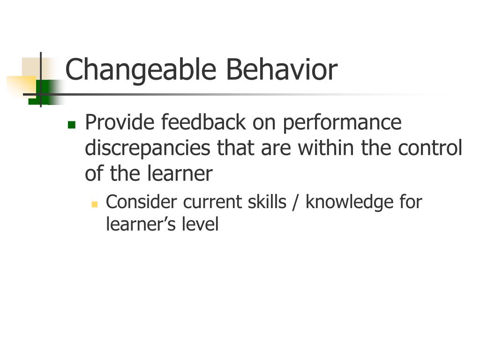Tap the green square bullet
71,125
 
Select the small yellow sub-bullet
94,204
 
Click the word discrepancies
147,149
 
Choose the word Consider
142,202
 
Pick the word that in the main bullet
235,148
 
